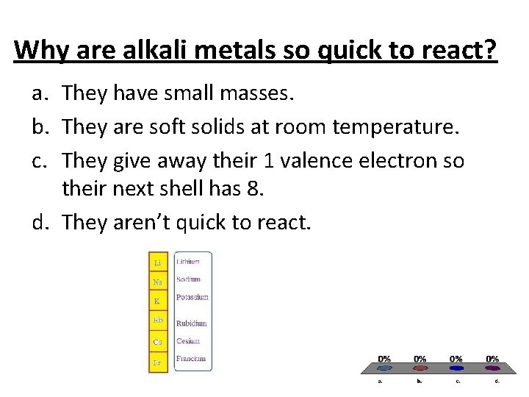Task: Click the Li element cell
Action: click(158, 262)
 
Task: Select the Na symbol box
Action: click(158, 282)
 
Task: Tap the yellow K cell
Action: click(158, 301)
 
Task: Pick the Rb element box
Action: click(158, 321)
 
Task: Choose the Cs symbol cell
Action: click(158, 341)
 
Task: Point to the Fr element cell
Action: click(158, 362)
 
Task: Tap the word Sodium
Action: click(188, 279)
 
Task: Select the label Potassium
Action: click(192, 297)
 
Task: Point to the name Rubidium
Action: click(192, 323)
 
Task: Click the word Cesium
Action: click(188, 341)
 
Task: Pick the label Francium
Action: click(191, 359)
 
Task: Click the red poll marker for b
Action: click(420, 368)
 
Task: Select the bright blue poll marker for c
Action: click(457, 368)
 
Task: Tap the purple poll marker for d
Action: click(493, 368)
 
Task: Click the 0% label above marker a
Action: click(384, 359)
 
